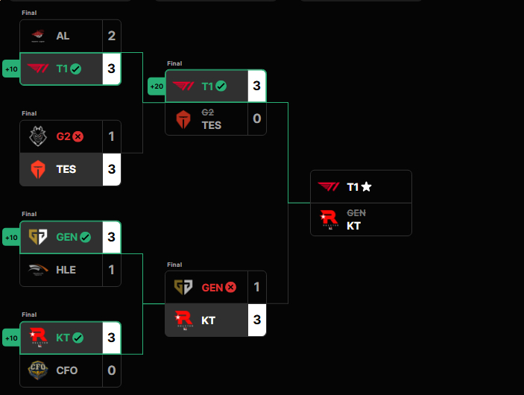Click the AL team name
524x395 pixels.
tap(63, 36)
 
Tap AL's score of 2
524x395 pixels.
tap(111, 36)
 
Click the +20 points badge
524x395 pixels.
tap(157, 86)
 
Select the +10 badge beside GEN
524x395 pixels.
tap(11, 238)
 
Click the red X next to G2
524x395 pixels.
tap(78, 136)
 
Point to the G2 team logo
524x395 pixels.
tap(37, 136)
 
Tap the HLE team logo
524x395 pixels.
tap(37, 270)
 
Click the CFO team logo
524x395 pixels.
tap(37, 370)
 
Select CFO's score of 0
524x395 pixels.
tap(111, 370)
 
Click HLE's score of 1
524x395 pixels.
tap(111, 270)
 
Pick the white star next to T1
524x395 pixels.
tap(367, 187)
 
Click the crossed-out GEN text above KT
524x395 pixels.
tap(356, 213)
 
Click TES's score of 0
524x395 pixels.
tap(256, 119)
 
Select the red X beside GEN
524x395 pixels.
tap(230, 287)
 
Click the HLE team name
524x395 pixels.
tap(66, 270)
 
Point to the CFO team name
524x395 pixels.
tap(66, 370)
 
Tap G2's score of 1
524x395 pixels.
tap(111, 136)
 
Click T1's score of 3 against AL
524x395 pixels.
tap(111, 69)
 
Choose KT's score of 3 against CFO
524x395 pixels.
tap(111, 338)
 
